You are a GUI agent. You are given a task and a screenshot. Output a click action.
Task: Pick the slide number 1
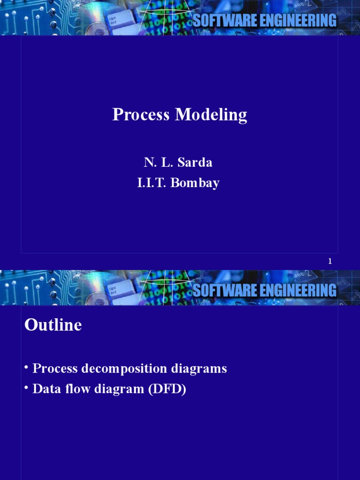point(330,262)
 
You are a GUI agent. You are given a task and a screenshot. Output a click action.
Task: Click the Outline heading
point(53,325)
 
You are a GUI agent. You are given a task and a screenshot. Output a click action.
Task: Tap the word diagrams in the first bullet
point(199,369)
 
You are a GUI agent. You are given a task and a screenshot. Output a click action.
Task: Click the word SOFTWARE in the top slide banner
point(224,21)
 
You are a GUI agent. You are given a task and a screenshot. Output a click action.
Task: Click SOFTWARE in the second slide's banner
point(224,290)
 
